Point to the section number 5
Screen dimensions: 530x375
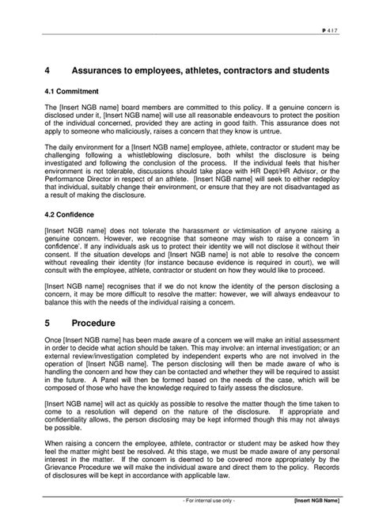point(47,324)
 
